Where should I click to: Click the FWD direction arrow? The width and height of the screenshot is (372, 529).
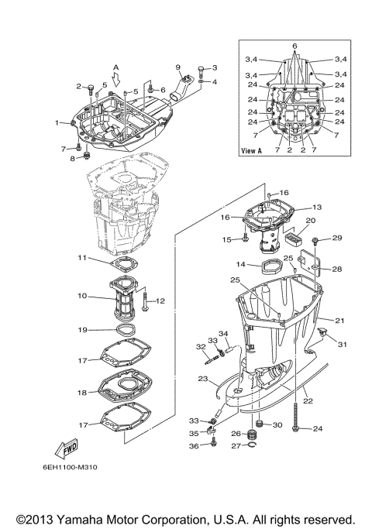click(x=67, y=448)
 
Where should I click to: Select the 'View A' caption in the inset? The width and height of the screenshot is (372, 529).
click(x=251, y=150)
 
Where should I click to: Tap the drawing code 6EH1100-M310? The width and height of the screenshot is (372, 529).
click(x=70, y=467)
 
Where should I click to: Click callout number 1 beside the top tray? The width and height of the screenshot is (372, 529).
click(x=57, y=123)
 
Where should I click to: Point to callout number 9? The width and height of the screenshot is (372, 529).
click(x=178, y=67)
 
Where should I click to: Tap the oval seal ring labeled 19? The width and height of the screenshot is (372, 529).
click(x=126, y=329)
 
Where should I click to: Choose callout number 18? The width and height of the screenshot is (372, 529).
click(x=82, y=393)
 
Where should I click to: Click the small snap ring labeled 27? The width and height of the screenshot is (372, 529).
click(x=252, y=445)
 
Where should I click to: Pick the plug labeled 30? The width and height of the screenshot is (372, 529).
click(x=260, y=423)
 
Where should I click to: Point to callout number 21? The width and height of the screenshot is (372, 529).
click(x=339, y=320)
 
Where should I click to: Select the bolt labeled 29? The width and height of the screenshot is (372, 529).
click(x=315, y=240)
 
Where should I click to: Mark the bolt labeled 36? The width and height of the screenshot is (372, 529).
click(x=213, y=441)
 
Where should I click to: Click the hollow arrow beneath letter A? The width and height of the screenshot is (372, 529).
click(x=115, y=81)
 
